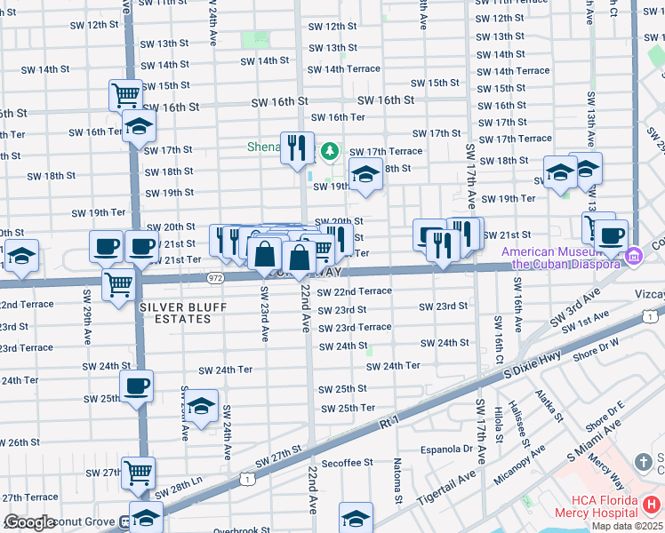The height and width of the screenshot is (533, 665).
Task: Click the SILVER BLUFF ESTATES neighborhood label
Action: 183,314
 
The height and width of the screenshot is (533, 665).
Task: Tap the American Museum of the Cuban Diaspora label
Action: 562,258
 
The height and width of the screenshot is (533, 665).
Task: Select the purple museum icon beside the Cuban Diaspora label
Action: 633,257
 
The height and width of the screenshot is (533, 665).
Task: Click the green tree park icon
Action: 330,152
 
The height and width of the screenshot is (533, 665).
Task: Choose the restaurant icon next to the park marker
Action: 297,147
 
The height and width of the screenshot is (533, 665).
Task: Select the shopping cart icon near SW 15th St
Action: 126,92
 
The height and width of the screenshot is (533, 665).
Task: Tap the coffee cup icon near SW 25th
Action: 136,386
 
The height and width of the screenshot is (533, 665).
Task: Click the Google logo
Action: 30,522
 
